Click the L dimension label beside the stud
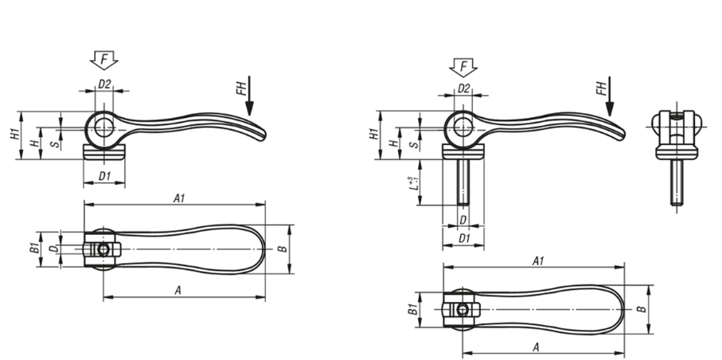pos(414,183)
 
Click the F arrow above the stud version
pos(463,67)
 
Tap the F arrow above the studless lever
pos(104,61)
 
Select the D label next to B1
pos(54,249)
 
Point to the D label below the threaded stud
pos(463,221)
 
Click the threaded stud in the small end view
pos(677,182)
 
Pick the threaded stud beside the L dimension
pos(463,182)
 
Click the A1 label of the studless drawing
pos(178,198)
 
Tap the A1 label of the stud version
pos(538,261)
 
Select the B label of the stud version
pos(642,309)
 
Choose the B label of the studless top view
pos(283,249)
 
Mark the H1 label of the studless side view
pos(16,135)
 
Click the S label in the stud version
pos(415,144)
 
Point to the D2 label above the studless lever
pos(104,84)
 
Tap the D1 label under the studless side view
pos(104,176)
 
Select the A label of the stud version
pos(536,347)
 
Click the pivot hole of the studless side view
pos(104,127)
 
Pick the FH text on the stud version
pos(602,88)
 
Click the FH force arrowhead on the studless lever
pos(249,109)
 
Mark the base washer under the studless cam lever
pos(104,151)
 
